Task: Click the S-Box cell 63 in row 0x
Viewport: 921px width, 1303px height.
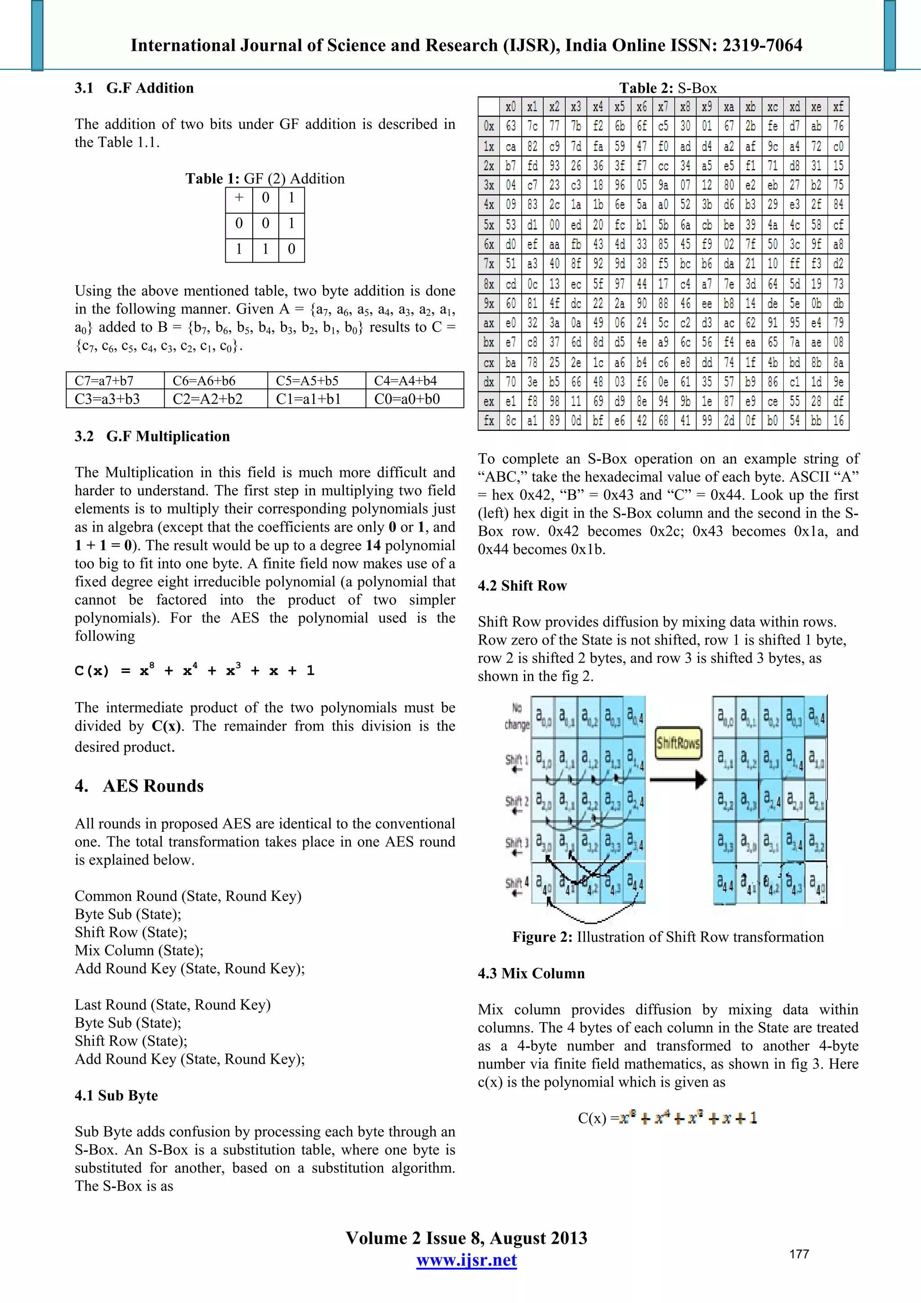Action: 511,126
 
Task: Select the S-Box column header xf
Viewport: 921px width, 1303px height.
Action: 838,107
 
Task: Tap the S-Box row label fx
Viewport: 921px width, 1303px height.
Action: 488,421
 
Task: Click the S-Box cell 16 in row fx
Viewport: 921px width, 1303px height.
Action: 838,421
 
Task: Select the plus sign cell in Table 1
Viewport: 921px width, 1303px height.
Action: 239,198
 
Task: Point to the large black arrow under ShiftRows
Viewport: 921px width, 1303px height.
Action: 678,780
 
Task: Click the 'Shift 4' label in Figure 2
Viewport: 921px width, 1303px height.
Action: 516,884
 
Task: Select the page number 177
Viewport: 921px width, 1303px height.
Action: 799,1254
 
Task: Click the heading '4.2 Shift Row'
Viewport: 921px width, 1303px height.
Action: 522,586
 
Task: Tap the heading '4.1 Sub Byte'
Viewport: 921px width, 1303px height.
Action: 116,1096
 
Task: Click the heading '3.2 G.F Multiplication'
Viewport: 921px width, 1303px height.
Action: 152,436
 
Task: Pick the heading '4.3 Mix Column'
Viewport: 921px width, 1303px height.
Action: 531,974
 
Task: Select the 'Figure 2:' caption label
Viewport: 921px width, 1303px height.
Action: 542,937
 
